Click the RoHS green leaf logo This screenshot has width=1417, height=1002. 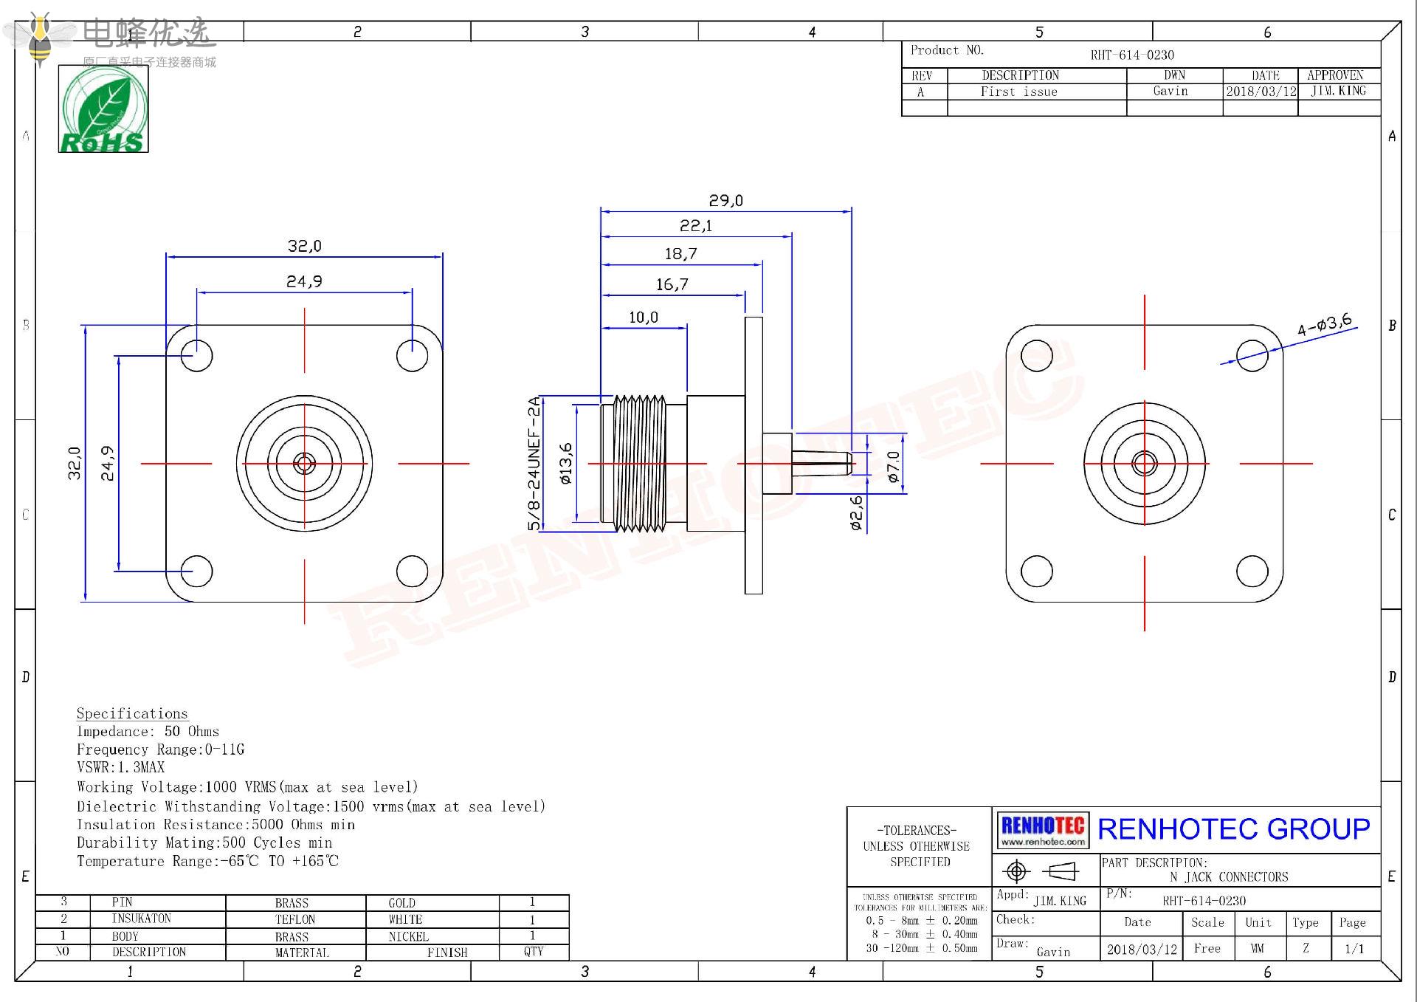(103, 109)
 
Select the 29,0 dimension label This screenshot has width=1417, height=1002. (725, 201)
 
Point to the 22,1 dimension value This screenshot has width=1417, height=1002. (696, 226)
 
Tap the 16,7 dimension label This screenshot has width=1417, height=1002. (672, 285)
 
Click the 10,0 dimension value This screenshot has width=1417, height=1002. (643, 318)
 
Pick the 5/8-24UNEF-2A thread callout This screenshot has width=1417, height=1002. (534, 464)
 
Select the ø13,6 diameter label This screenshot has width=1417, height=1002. (566, 464)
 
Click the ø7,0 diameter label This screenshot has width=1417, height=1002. (894, 467)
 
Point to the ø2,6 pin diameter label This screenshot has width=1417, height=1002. (856, 513)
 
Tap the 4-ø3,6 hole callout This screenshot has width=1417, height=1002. (1325, 324)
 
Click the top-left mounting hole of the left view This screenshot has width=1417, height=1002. (197, 355)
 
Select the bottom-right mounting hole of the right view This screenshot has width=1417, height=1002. (1252, 571)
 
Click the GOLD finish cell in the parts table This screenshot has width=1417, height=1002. (402, 903)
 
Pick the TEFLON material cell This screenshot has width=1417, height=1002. (295, 919)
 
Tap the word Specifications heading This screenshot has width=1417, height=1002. (132, 713)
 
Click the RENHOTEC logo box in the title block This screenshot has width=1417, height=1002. (1043, 830)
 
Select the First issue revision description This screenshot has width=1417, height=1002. (1018, 92)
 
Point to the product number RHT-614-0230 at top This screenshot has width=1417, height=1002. (1132, 55)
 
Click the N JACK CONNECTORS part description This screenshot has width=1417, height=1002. (1229, 877)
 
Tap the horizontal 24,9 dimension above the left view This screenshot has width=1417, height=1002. (304, 281)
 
